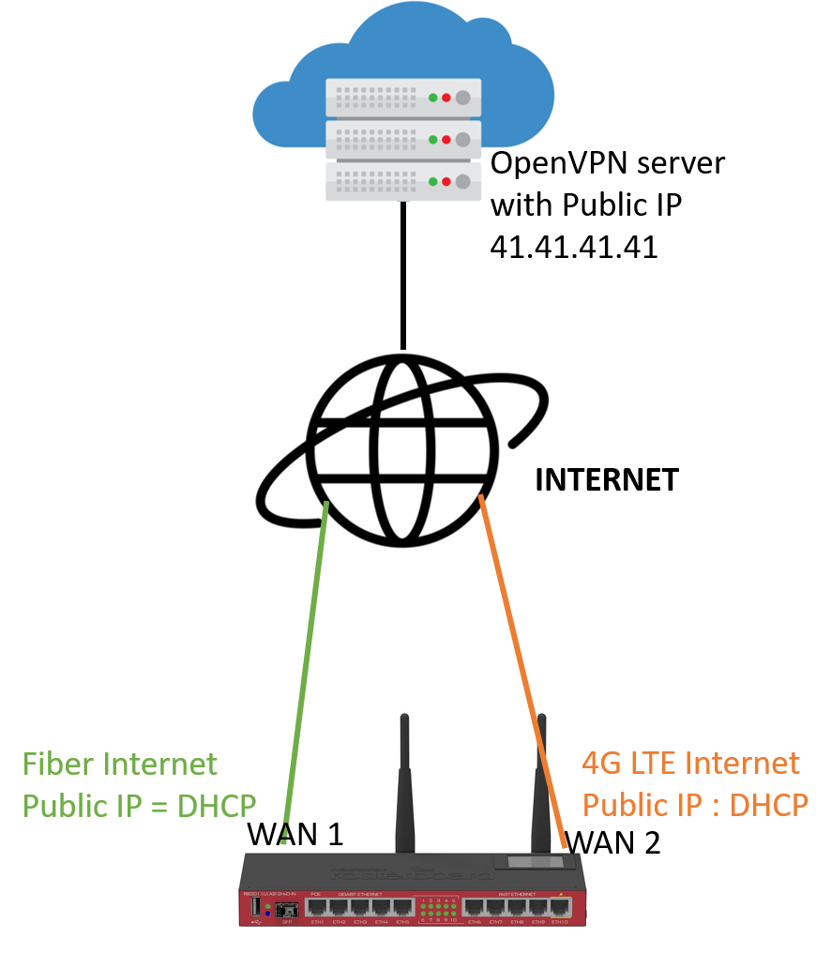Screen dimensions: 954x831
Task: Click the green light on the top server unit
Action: (433, 98)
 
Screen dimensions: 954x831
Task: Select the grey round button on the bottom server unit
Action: (462, 181)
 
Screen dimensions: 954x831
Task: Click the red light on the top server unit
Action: (446, 98)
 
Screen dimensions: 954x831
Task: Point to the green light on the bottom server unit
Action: (433, 181)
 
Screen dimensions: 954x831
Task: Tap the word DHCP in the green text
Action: (217, 806)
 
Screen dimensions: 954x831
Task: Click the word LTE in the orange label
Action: (653, 763)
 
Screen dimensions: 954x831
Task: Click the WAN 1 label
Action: (295, 835)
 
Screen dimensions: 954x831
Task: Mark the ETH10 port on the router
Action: (560, 907)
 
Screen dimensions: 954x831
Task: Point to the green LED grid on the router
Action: (438, 909)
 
